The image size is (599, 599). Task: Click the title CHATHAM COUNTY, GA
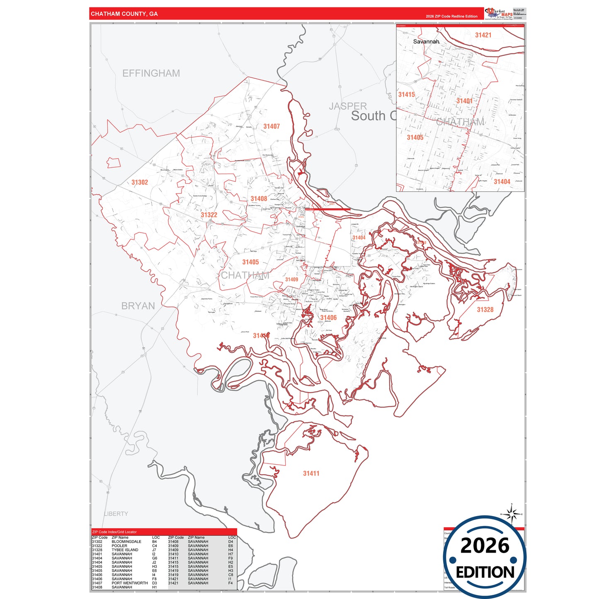click(124, 14)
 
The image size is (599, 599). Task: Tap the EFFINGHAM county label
click(151, 73)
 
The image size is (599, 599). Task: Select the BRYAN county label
click(138, 306)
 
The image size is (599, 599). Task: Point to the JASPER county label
click(348, 106)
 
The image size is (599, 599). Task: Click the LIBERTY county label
click(116, 514)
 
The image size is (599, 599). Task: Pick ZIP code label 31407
click(272, 126)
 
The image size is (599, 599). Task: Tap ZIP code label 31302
click(140, 182)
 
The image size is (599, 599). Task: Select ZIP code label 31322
click(209, 215)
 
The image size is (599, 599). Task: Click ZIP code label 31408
click(259, 199)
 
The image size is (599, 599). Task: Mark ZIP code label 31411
click(311, 473)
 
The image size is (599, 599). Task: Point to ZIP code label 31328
click(485, 310)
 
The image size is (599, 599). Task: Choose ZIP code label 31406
click(328, 318)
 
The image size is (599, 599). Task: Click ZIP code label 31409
click(291, 279)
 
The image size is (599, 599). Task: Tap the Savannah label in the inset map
click(426, 41)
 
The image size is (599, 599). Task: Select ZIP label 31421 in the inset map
click(483, 35)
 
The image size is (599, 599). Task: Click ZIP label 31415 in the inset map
click(406, 95)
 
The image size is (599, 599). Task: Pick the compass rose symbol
click(512, 514)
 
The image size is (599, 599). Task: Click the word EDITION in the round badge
click(485, 572)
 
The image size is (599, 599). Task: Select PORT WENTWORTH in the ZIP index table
click(129, 583)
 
